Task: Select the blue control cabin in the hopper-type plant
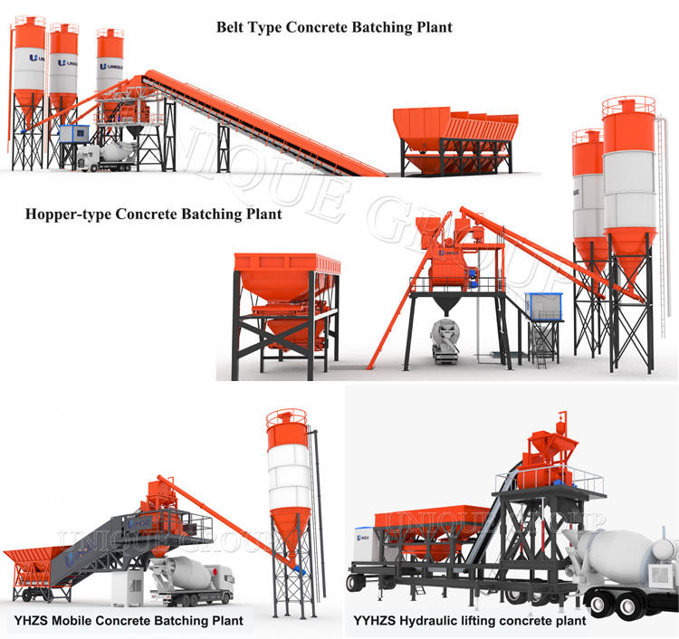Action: [544, 307]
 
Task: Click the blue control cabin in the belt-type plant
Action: [72, 134]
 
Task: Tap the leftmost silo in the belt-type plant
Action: [29, 72]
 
